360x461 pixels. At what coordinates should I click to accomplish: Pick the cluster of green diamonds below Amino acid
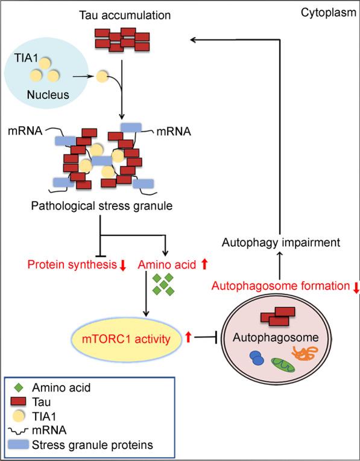coord(164,284)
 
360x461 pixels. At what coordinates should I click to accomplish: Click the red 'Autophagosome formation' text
coord(281,287)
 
